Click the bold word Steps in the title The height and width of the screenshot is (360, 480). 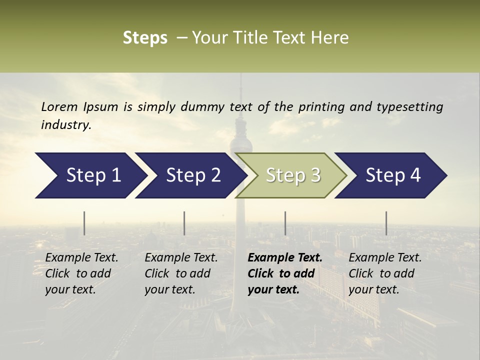[x=145, y=38]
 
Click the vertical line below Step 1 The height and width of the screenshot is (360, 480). [x=84, y=223]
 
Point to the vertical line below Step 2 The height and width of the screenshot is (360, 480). [x=184, y=223]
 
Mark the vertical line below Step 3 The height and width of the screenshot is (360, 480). [x=285, y=223]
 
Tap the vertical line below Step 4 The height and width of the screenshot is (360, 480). [x=386, y=223]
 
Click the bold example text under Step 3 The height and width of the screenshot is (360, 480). [x=284, y=273]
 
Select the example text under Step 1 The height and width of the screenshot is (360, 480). [x=81, y=273]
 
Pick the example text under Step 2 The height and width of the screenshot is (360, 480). [x=181, y=273]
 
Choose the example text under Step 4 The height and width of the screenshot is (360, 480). [x=385, y=273]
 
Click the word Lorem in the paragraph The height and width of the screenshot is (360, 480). [x=59, y=107]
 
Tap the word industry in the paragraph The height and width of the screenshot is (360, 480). [x=66, y=125]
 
